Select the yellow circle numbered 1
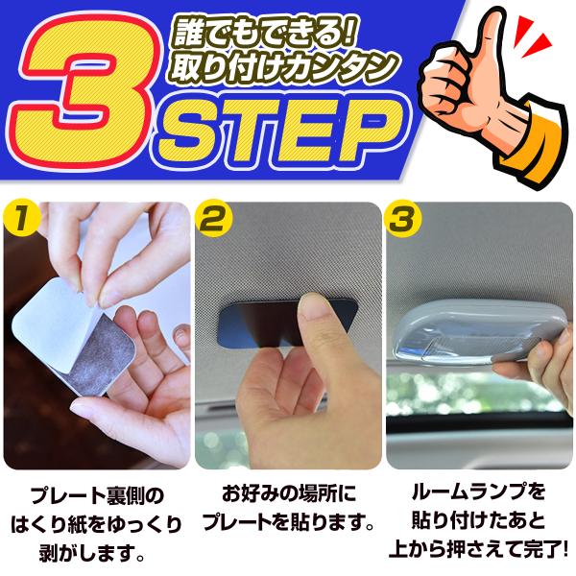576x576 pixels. tap(21, 220)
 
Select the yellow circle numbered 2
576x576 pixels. tap(213, 220)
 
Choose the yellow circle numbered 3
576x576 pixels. tap(403, 220)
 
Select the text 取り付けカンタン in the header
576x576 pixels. tap(284, 68)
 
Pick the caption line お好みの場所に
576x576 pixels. tap(289, 494)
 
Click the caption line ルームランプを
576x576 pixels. tap(478, 492)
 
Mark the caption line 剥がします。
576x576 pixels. tap(91, 554)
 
